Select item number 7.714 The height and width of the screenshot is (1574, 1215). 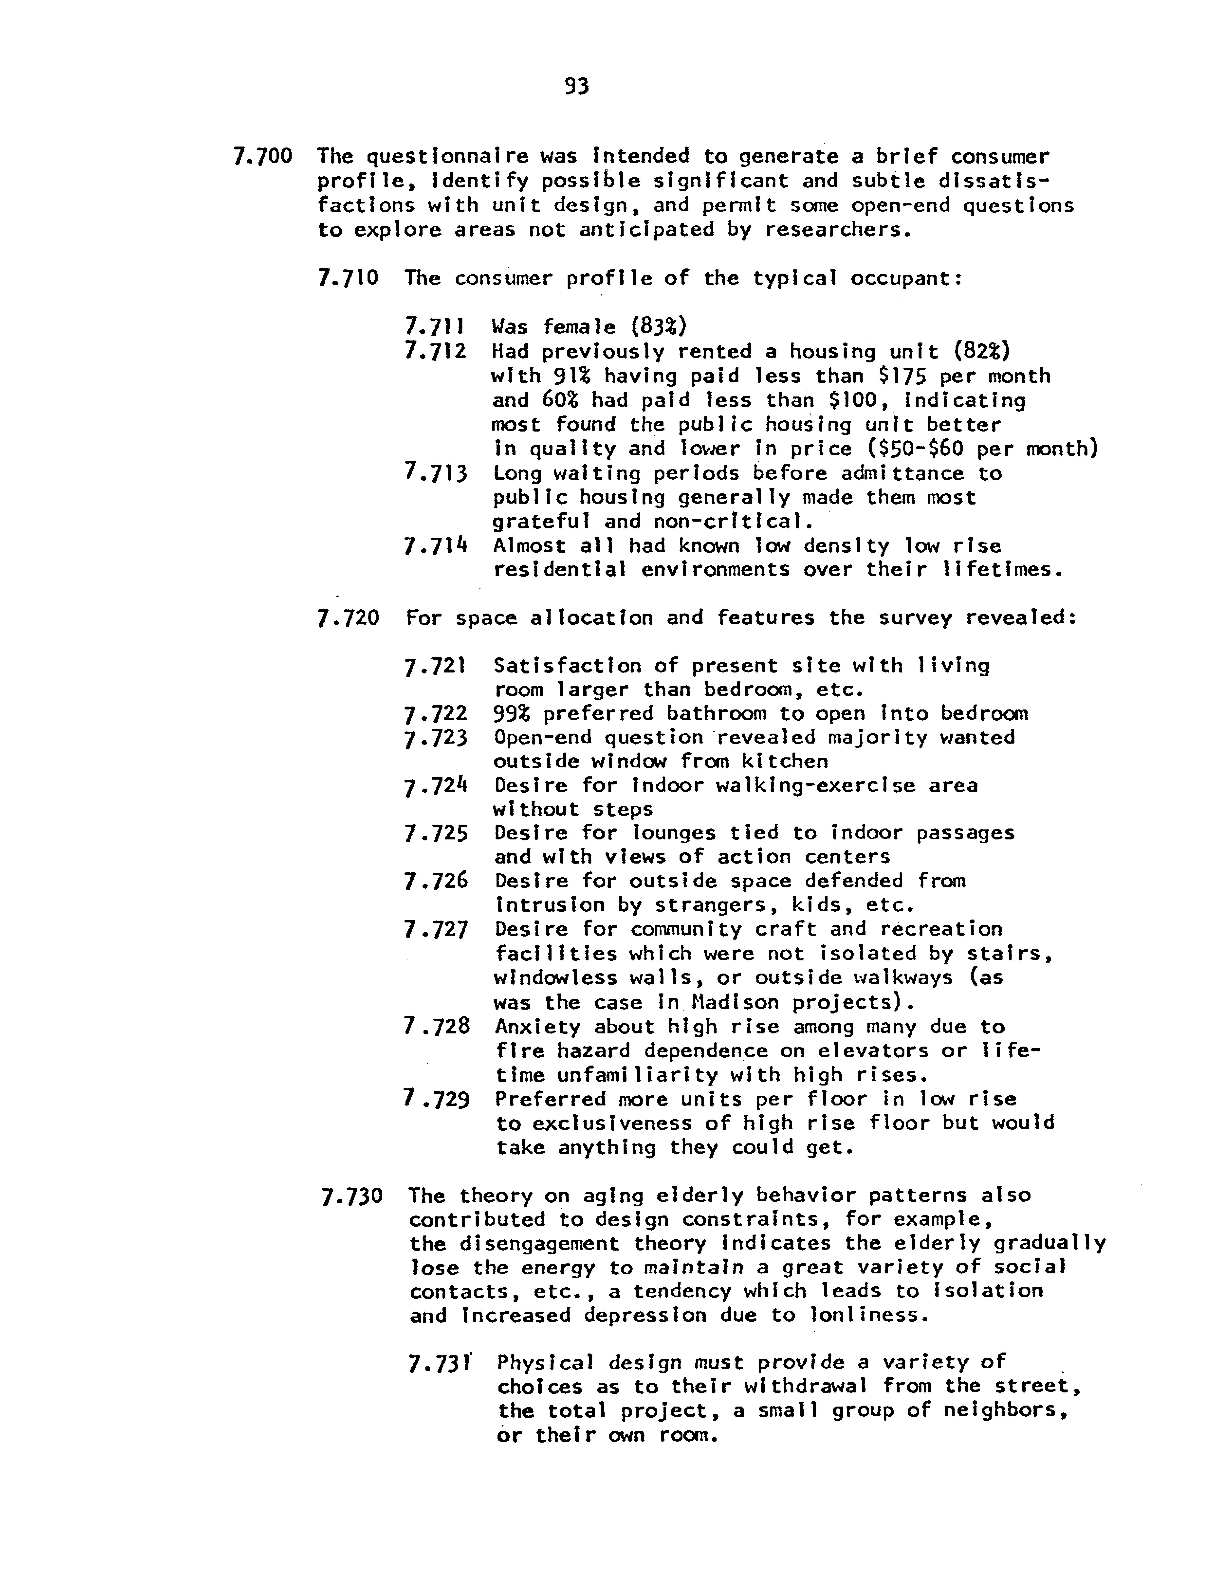(436, 546)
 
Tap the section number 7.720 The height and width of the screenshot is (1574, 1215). (348, 618)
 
